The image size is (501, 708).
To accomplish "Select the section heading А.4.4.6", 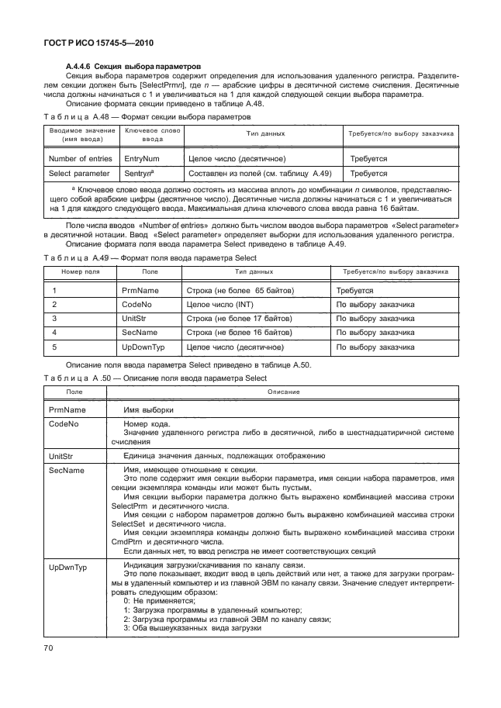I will coord(134,66).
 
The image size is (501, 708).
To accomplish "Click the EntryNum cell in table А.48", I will coord(141,158).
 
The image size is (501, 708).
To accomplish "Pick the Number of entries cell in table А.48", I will coord(79,158).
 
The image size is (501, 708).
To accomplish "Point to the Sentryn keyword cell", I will coord(139,174).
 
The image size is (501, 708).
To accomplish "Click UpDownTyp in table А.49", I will coord(143,347).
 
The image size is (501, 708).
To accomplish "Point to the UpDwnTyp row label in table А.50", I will coord(67,568).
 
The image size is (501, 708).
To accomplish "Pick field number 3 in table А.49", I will coord(54,319).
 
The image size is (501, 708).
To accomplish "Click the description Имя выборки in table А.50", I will coord(147,409).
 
